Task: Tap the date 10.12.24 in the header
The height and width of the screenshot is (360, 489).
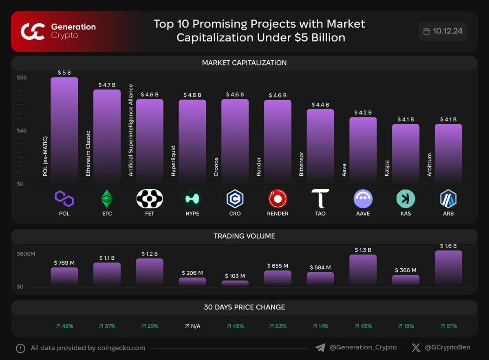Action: [447, 31]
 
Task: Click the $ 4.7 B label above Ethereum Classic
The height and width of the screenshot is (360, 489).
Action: [107, 85]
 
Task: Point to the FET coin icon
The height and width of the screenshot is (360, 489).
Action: [150, 199]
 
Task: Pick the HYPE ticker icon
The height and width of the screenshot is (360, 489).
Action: [192, 199]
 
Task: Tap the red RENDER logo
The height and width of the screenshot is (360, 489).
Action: [278, 199]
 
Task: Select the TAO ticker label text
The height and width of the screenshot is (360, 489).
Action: [320, 214]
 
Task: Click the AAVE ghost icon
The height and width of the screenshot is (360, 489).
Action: [363, 199]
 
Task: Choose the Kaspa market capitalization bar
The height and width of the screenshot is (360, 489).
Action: [405, 152]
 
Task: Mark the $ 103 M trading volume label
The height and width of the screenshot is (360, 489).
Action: [235, 276]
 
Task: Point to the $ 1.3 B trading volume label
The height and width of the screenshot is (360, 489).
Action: [363, 250]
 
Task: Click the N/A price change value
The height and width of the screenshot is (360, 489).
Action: [192, 326]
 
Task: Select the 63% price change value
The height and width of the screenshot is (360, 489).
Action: [278, 326]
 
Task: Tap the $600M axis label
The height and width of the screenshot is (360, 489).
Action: [26, 254]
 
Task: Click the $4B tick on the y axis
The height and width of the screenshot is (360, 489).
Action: [22, 130]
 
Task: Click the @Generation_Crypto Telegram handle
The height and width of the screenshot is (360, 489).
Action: [362, 347]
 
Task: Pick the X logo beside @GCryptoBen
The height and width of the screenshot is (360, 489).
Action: [416, 347]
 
